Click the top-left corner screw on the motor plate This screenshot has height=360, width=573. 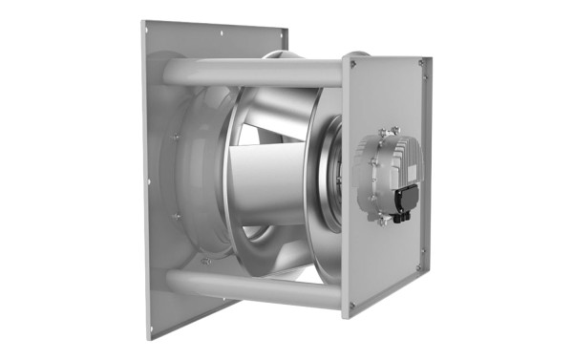(x=352, y=65)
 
